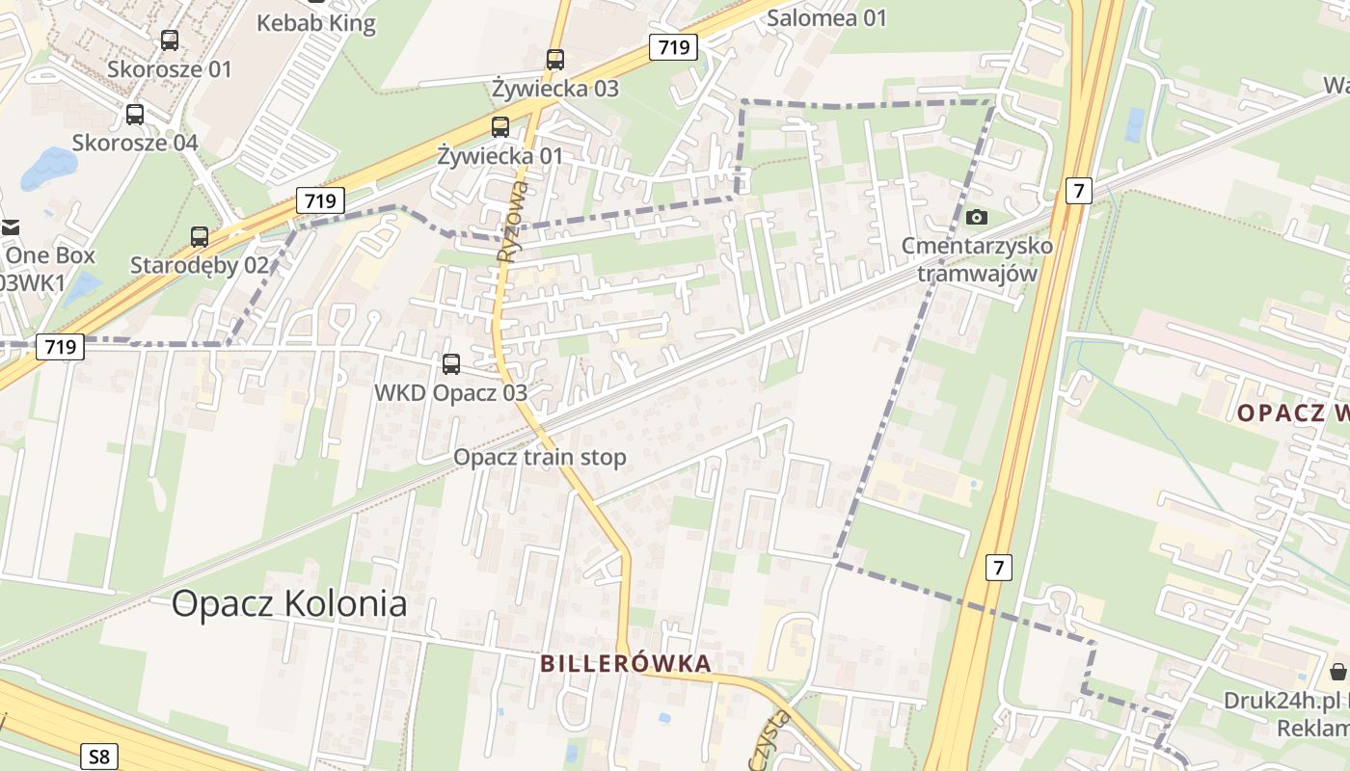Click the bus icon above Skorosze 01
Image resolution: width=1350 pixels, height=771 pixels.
[x=170, y=40]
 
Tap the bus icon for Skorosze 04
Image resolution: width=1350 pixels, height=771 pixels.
[x=135, y=115]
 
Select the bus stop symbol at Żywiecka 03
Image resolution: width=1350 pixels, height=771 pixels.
[x=555, y=60]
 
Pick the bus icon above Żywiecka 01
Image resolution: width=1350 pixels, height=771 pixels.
[x=499, y=126]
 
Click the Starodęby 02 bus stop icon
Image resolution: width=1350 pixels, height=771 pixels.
[x=200, y=236]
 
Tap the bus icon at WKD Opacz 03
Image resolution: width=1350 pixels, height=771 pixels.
[x=450, y=364]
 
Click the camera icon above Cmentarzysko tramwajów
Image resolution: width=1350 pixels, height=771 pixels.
[x=977, y=217]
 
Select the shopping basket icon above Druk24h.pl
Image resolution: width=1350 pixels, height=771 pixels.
[x=1337, y=672]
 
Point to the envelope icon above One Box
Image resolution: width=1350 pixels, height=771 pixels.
[x=10, y=228]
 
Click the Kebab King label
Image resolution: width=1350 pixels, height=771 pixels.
[x=315, y=23]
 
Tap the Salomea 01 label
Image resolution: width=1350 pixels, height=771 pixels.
[x=826, y=17]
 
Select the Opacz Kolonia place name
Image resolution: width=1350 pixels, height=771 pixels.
[x=289, y=604]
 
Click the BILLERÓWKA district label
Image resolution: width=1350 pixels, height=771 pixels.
[x=626, y=663]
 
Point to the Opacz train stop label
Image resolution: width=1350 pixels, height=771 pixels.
[x=540, y=457]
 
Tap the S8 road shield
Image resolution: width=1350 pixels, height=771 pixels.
[x=99, y=757]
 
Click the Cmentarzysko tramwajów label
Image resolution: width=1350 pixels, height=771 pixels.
[x=977, y=259]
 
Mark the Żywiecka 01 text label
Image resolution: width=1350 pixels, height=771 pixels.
[x=499, y=155]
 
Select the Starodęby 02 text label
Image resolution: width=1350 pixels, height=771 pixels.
[x=200, y=265]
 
